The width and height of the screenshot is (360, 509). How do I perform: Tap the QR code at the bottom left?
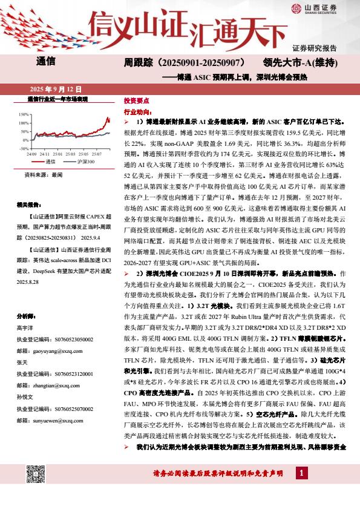pos(36,475)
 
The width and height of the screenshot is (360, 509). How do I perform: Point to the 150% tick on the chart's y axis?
pos(24,114)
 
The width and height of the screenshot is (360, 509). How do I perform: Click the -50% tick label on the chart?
pos(24,148)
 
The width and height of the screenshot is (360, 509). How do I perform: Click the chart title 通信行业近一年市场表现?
pos(58,98)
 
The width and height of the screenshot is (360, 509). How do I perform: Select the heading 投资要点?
pos(136,101)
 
